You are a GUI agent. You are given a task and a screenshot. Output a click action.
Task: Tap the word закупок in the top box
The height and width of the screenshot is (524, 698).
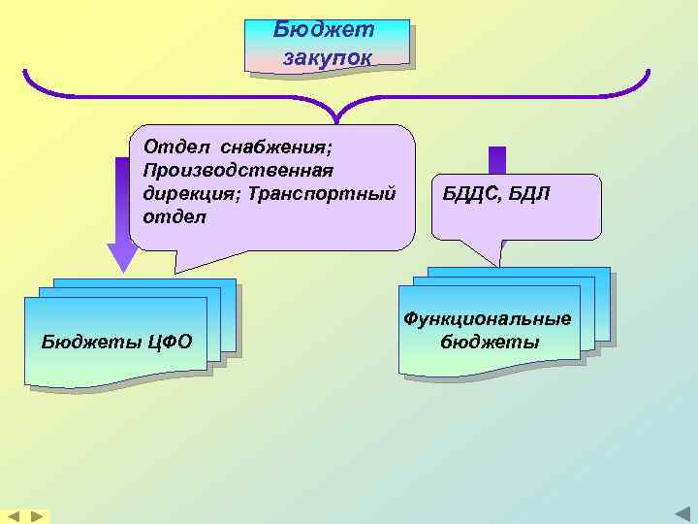pyautogui.click(x=327, y=57)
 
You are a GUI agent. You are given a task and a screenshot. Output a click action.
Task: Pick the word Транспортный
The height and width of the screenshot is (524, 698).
pyautogui.click(x=321, y=192)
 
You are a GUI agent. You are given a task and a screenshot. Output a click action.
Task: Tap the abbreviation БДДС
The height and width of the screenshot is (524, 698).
pyautogui.click(x=472, y=193)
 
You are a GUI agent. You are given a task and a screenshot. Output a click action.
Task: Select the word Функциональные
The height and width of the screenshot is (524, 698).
pyautogui.click(x=488, y=319)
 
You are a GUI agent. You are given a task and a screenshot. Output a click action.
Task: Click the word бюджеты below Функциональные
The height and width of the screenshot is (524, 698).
pyautogui.click(x=491, y=343)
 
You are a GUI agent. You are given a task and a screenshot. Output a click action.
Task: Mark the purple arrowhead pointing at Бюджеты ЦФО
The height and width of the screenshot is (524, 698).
pyautogui.click(x=122, y=256)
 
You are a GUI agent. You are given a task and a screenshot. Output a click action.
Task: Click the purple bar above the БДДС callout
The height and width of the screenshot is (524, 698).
pyautogui.click(x=497, y=159)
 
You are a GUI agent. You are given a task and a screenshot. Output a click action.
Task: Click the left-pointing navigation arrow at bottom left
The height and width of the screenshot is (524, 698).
pyautogui.click(x=15, y=516)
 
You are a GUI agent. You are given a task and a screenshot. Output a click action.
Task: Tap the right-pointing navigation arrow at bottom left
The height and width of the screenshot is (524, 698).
pyautogui.click(x=36, y=516)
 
